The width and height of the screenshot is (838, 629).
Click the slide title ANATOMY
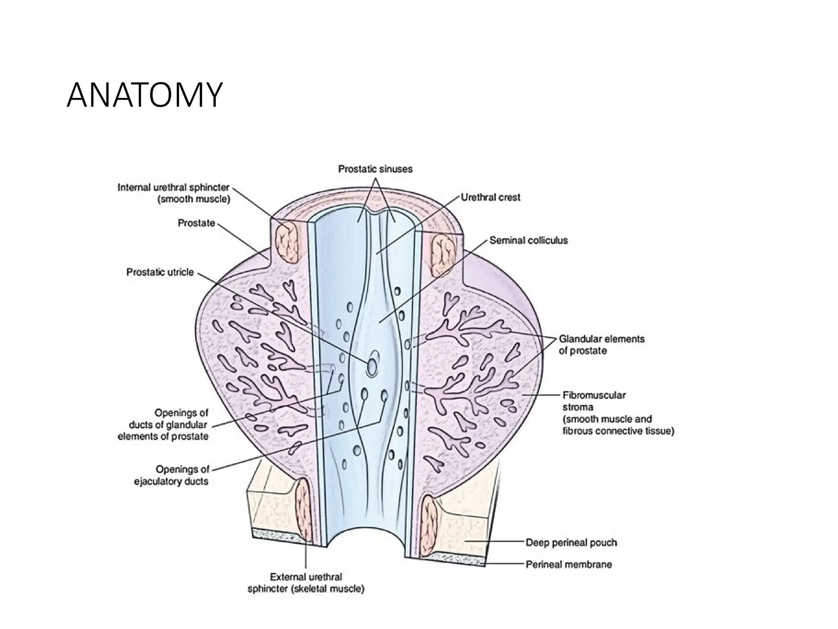pos(144,95)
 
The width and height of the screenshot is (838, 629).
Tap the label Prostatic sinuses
pos(375,169)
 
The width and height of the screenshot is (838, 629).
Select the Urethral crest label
pos(490,197)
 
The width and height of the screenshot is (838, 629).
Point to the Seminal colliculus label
pos(528,240)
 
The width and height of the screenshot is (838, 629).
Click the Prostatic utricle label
pos(160,272)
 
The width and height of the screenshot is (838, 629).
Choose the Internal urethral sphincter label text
pos(173,193)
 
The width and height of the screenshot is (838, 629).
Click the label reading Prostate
pos(196,223)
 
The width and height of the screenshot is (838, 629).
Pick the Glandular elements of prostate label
pos(601,345)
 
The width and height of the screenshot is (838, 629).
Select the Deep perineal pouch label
pos(571,543)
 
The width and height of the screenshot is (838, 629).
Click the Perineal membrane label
pos(568,564)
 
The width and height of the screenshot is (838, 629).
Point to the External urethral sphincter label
pos(306,583)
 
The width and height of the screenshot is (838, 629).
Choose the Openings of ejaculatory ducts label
pos(171,475)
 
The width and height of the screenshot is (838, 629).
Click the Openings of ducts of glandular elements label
pos(163,425)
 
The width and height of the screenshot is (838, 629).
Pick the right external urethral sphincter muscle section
pos(430,525)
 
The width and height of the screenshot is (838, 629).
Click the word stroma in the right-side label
pos(578,407)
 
